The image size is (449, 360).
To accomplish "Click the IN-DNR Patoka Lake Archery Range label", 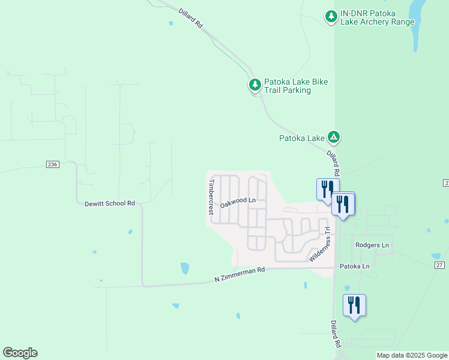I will click(x=377, y=17).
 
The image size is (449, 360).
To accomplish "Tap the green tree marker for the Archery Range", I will click(x=331, y=16).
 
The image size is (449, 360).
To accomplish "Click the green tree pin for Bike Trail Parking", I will click(x=255, y=85).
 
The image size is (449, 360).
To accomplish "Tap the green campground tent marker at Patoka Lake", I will click(x=334, y=138).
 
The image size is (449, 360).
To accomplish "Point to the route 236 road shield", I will click(x=52, y=164).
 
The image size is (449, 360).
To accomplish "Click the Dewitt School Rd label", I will click(x=110, y=203).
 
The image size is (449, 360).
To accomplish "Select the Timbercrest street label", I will click(x=211, y=197).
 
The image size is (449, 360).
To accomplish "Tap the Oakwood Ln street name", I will click(x=238, y=203).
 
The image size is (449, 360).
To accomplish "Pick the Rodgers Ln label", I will click(x=372, y=245).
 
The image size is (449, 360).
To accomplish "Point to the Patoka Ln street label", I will click(x=354, y=266).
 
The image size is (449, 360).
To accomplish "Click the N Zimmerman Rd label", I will click(x=240, y=275).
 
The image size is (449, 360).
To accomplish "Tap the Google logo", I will click(x=20, y=353).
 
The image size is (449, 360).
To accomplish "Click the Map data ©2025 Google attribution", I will click(x=411, y=355).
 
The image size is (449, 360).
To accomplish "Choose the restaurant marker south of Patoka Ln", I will click(x=354, y=305).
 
